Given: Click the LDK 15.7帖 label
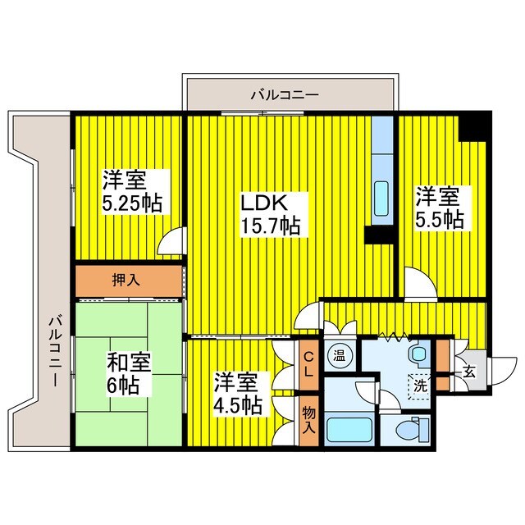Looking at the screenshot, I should pos(270,212).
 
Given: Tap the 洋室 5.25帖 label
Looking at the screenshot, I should pos(131,191).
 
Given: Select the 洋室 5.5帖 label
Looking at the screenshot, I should pos(439,208).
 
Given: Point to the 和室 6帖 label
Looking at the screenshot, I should pos(121,372).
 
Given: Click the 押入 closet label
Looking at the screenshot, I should pos(126,280).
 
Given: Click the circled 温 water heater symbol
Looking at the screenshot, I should pos(337,356).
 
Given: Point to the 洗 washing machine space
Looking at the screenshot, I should pos(420,383).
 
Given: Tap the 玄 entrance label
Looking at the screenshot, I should pos(468,370).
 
